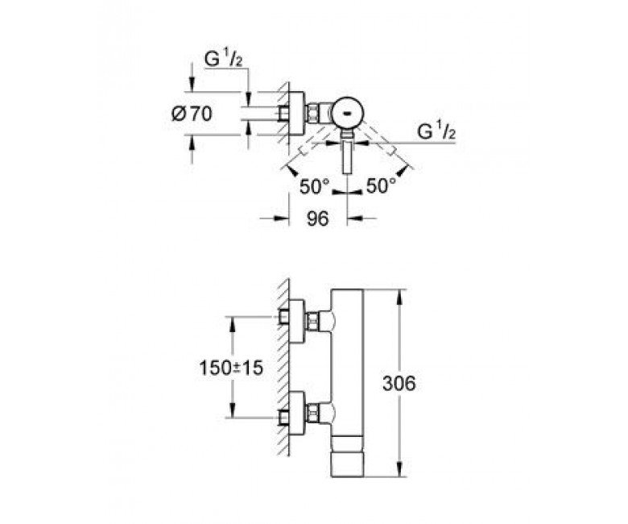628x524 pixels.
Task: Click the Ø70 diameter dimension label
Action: [x=192, y=114]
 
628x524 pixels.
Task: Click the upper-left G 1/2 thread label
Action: [x=224, y=59]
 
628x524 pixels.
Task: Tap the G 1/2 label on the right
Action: [x=436, y=131]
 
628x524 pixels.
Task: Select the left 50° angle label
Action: [x=314, y=186]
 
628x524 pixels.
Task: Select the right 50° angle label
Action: [x=381, y=186]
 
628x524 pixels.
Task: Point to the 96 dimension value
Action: [x=317, y=218]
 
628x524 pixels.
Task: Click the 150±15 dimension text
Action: [x=231, y=368]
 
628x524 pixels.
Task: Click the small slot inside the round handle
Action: [x=347, y=113]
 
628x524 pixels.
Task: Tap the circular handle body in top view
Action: [x=347, y=114]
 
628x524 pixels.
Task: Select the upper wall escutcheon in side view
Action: [x=297, y=321]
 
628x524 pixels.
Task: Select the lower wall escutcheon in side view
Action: [x=297, y=414]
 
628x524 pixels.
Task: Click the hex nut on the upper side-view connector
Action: [x=312, y=321]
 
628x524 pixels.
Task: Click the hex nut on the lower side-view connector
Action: [x=312, y=414]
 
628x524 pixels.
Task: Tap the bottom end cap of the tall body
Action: [x=347, y=464]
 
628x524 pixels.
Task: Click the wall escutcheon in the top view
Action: [x=297, y=114]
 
